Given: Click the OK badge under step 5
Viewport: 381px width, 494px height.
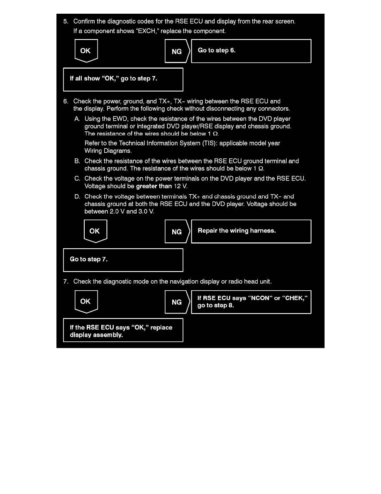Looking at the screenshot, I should click(85, 51).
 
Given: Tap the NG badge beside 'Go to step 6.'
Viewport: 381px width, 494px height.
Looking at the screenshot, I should click(177, 51).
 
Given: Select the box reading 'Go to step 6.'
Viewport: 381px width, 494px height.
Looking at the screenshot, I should click(251, 51).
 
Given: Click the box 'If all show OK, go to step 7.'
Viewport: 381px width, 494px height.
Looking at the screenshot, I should click(123, 79).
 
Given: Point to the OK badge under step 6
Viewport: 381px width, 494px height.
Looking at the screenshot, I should click(95, 231).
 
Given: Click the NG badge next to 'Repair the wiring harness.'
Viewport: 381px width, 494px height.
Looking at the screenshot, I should click(177, 232).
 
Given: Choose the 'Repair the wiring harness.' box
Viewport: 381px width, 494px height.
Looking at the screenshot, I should click(251, 231).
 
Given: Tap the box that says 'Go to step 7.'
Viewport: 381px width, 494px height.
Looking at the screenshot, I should click(123, 260).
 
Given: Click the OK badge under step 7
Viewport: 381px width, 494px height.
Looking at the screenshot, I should click(85, 302).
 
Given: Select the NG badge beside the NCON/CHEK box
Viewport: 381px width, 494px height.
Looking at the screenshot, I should click(177, 302).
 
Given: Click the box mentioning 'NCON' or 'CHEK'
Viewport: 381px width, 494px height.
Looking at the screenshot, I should click(251, 302).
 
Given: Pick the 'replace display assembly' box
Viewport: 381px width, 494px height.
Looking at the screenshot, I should click(123, 331).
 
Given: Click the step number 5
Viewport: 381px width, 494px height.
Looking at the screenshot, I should click(65, 22).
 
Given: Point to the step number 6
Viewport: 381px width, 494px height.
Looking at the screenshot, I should click(65, 101).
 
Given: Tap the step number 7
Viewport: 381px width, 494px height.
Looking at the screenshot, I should click(65, 282).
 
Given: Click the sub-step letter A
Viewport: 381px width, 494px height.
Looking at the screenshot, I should click(77, 119).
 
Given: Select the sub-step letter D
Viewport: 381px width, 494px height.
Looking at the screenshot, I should click(77, 197).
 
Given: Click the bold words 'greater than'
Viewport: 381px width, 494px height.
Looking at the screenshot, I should click(154, 186).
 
